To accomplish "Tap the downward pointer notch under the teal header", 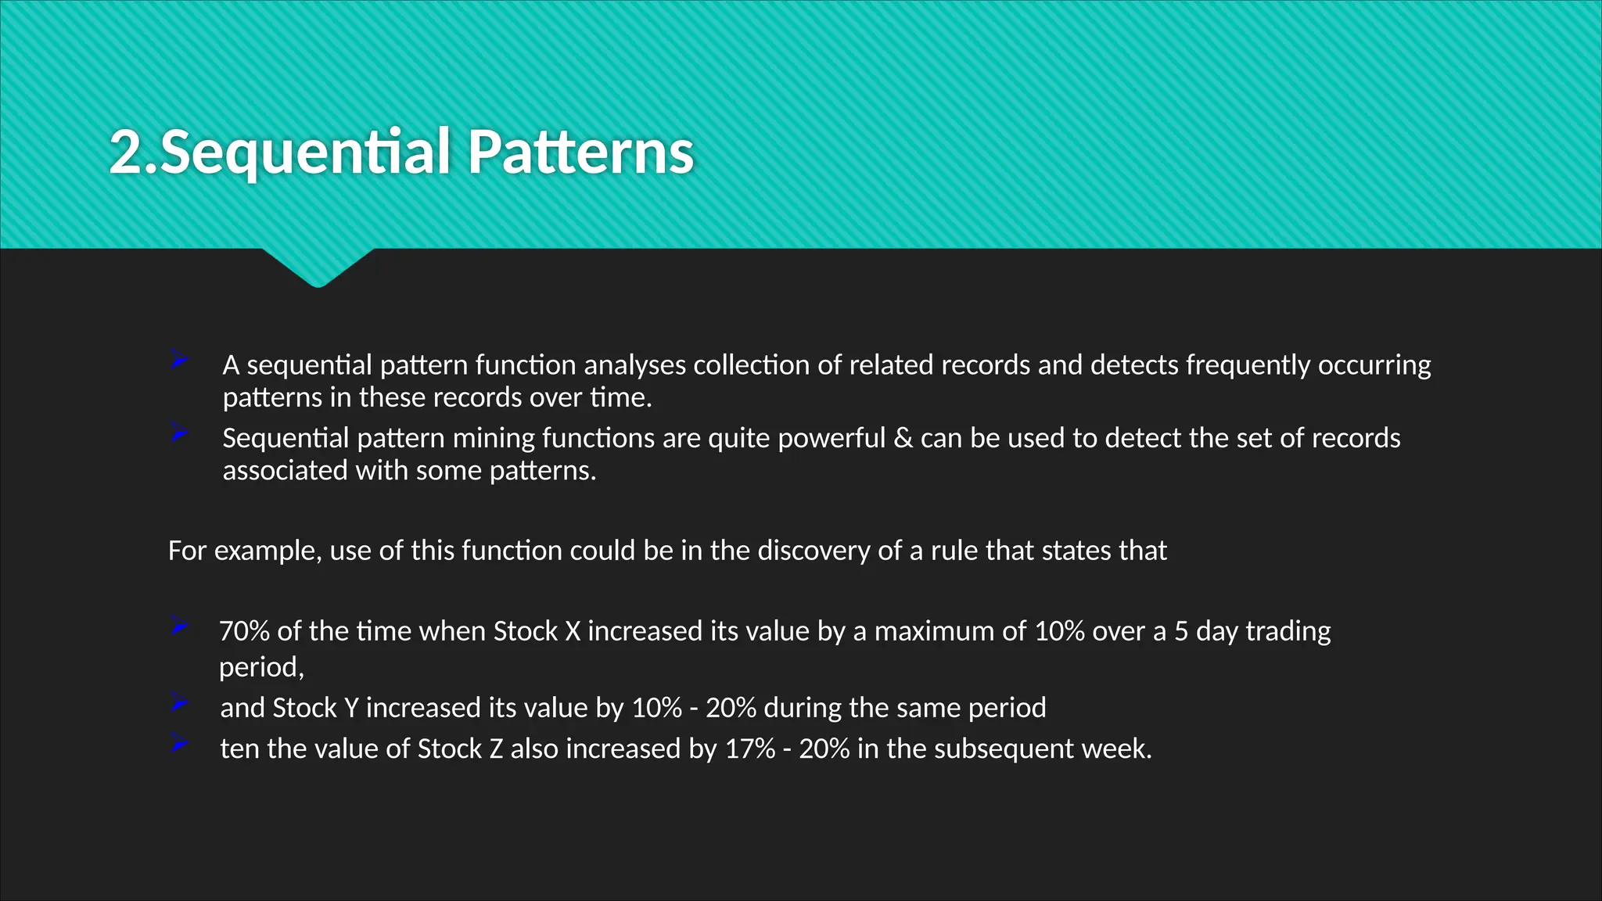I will tap(318, 270).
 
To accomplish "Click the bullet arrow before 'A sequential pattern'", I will tap(179, 361).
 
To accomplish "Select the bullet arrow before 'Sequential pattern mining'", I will tap(179, 433).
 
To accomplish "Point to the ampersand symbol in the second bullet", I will tap(903, 438).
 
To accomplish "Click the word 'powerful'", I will tap(831, 438).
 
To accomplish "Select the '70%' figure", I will tap(244, 631).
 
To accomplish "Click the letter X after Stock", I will tap(573, 631).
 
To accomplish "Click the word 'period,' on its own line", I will tap(261, 667).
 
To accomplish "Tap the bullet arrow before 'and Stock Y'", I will tap(179, 703).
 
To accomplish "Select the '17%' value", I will tap(749, 749).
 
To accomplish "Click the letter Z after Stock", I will tap(496, 749).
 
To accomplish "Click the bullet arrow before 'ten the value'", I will tap(179, 744).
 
